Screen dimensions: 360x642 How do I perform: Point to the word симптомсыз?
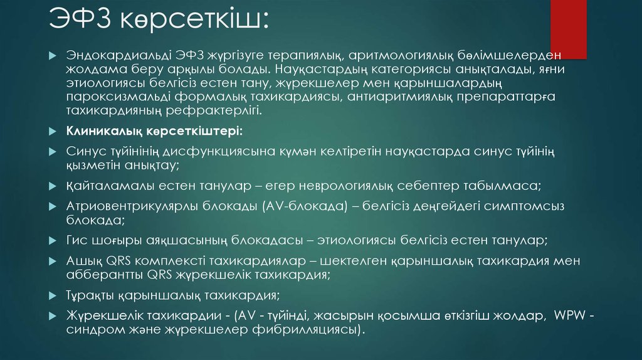[542, 206]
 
